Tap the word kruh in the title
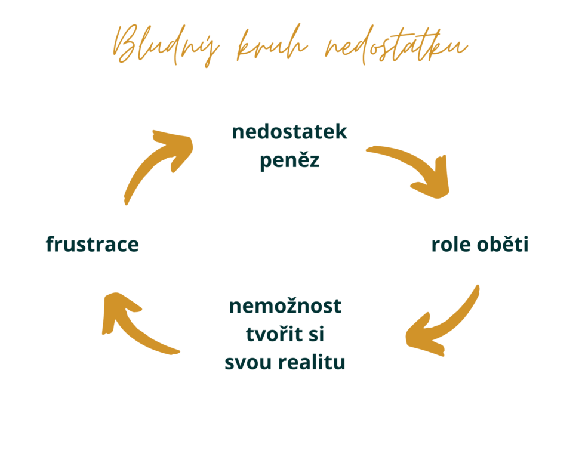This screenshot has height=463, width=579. [272, 44]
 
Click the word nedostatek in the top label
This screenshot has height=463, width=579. [289, 132]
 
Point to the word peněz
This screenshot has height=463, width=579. [289, 160]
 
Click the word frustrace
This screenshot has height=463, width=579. [93, 244]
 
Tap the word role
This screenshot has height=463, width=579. [451, 245]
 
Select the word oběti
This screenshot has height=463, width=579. [503, 244]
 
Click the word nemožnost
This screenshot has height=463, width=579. [285, 305]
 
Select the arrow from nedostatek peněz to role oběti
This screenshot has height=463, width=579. [417, 162]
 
